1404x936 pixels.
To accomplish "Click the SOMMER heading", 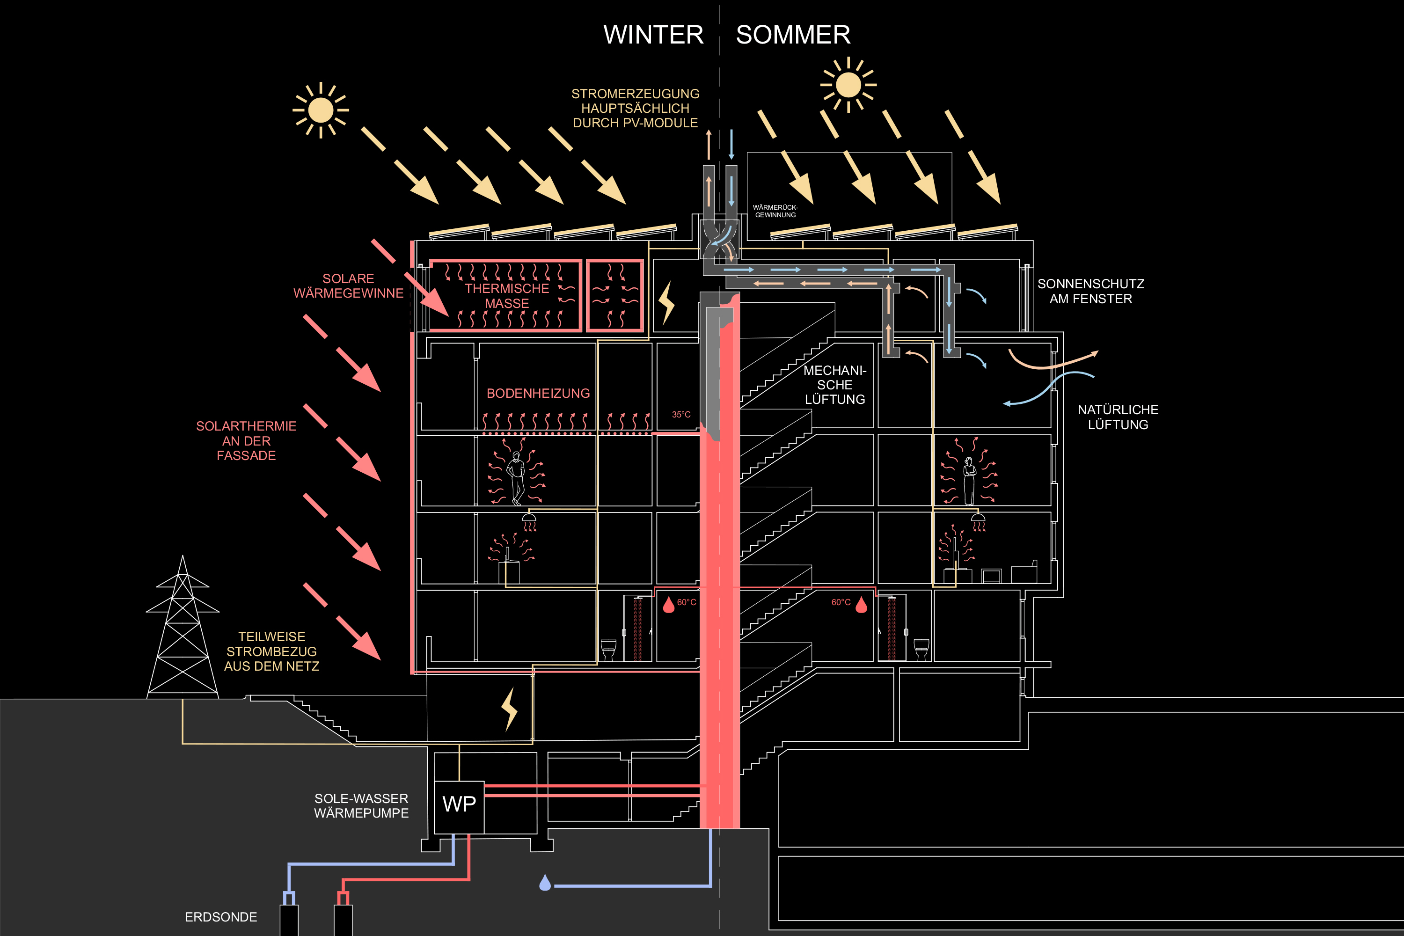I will click(793, 35).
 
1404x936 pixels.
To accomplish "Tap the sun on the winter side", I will click(321, 110).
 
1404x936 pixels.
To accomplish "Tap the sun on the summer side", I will click(848, 85).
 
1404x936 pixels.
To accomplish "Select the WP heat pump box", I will click(459, 804).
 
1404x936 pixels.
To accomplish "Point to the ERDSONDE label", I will click(221, 917).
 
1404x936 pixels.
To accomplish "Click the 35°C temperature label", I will click(681, 414).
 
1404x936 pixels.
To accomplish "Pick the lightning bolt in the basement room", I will click(509, 709).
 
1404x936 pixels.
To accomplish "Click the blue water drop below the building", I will click(544, 883).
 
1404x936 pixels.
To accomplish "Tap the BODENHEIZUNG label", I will click(538, 394).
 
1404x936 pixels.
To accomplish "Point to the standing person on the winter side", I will click(516, 477).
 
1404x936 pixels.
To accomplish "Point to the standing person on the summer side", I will click(969, 481).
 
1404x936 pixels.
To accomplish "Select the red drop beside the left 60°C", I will click(669, 605).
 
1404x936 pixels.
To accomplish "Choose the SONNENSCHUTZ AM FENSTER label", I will click(1090, 291).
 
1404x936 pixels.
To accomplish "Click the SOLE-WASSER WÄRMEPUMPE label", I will click(361, 806).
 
